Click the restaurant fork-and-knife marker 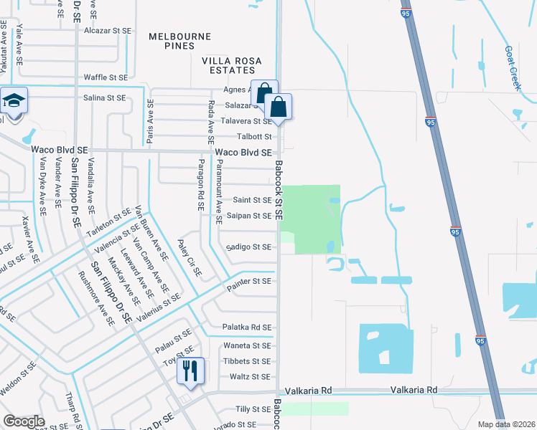click(x=190, y=370)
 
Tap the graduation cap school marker click(x=13, y=101)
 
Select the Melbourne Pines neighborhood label click(x=180, y=41)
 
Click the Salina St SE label click(x=104, y=97)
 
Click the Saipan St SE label click(x=248, y=215)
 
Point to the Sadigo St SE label click(x=248, y=247)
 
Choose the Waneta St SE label click(x=247, y=345)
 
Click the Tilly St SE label click(x=254, y=409)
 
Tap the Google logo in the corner click(x=24, y=421)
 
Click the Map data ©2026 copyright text click(x=507, y=424)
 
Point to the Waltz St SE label click(x=250, y=376)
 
